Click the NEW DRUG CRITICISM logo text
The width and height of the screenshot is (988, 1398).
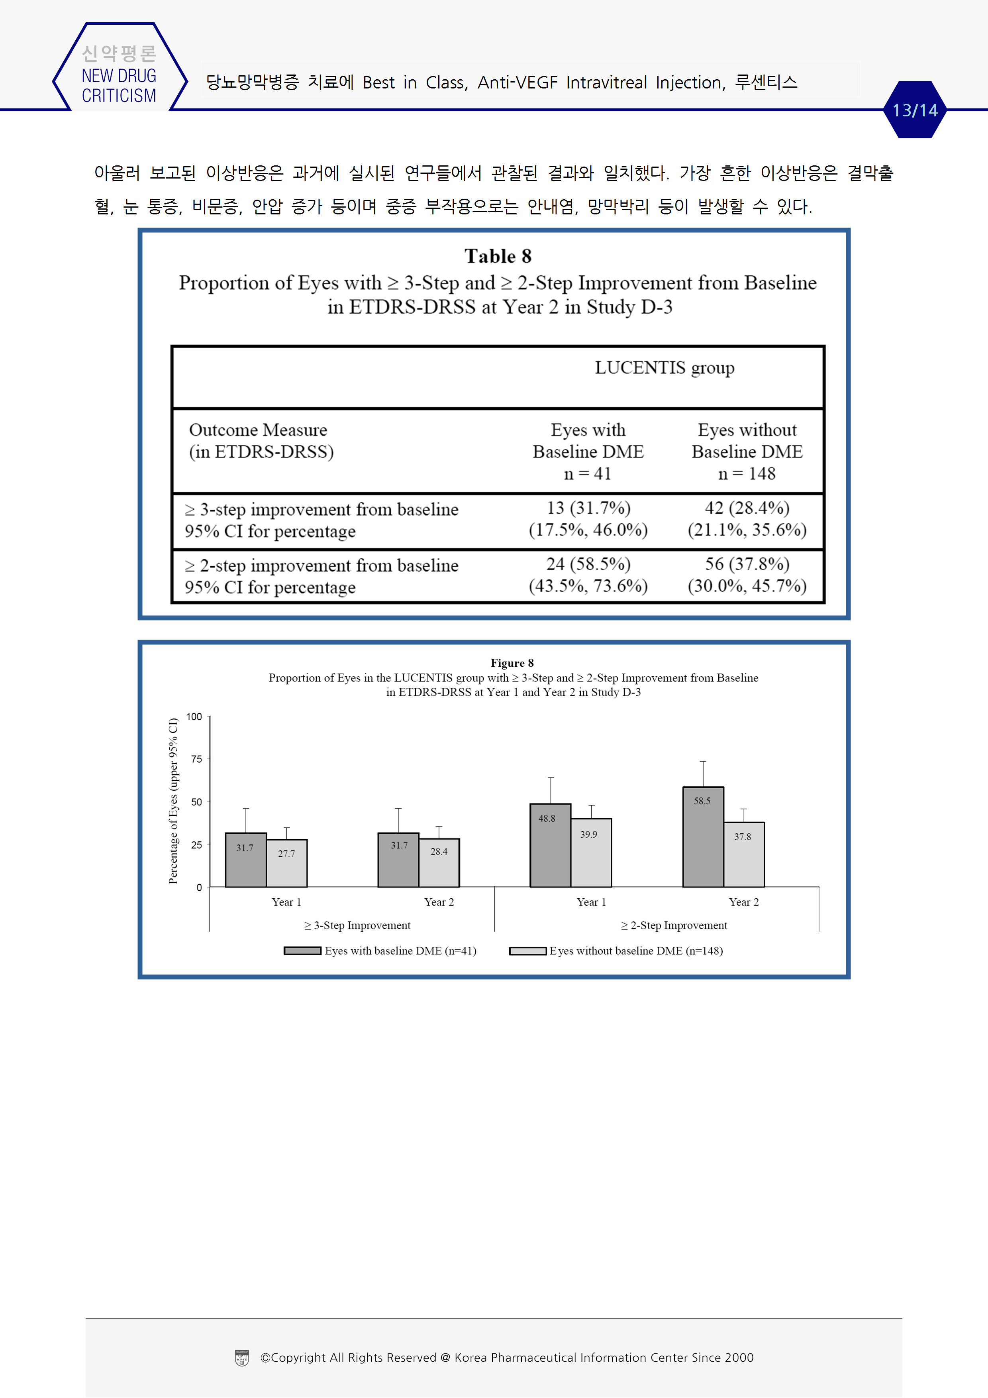tap(119, 85)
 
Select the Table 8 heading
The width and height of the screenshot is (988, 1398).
tap(498, 256)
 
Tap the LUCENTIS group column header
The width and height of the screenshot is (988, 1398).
tap(664, 368)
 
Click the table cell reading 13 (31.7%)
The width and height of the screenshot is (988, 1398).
tap(588, 508)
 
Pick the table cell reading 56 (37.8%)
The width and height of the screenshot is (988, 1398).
tap(747, 564)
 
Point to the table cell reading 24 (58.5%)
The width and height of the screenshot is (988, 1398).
tap(588, 564)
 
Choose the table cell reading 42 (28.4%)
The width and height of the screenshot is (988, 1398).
tap(747, 508)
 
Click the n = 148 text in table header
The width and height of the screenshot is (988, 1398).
tap(747, 474)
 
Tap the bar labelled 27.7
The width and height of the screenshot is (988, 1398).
tap(287, 864)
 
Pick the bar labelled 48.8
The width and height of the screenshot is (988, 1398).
tap(550, 845)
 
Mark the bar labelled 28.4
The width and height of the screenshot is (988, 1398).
tap(439, 863)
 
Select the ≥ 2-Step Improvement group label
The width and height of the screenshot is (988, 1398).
tap(674, 925)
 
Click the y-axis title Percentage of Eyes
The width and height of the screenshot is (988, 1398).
tap(173, 801)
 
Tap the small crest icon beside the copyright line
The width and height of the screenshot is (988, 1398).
tap(242, 1358)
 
